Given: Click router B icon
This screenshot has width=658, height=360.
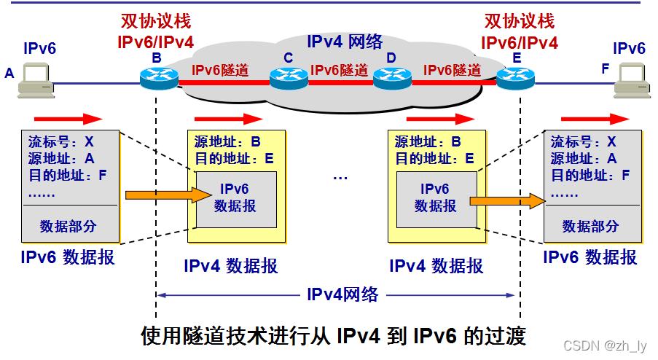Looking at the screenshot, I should point(159,77).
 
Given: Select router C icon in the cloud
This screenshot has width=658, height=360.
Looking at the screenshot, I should point(289,77).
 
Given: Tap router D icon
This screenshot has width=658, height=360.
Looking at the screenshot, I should point(392,77).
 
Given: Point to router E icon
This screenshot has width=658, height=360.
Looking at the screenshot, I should point(516,77).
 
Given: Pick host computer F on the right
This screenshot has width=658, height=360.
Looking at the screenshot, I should point(630,80).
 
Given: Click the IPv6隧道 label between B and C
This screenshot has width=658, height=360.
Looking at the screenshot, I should point(221,70).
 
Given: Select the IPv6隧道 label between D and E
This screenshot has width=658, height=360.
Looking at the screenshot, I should point(453,70).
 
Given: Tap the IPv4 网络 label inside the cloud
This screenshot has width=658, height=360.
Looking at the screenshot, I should point(344,42).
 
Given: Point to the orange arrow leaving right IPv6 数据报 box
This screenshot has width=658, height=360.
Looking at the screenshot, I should point(507,200).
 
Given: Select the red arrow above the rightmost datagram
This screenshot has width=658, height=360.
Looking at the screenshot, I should point(594,119).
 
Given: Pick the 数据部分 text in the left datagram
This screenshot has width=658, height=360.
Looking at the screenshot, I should point(68,226).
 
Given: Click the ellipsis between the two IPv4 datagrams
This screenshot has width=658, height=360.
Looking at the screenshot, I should point(340,176).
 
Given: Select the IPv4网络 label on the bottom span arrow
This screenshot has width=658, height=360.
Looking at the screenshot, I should point(342,294).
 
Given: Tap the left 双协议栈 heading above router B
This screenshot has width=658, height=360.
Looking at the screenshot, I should point(156,21).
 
